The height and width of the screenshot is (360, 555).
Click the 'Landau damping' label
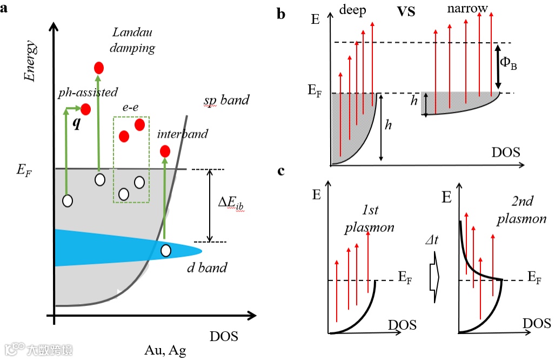click(132, 41)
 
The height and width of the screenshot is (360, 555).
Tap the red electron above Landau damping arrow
click(99, 68)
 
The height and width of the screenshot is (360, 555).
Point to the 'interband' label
click(183, 134)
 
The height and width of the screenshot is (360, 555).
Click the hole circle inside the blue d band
click(166, 251)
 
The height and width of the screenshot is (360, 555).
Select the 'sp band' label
click(226, 100)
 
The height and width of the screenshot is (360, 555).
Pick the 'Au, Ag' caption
click(165, 350)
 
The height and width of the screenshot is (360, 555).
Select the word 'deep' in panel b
click(354, 10)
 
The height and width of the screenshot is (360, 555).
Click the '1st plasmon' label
click(370, 218)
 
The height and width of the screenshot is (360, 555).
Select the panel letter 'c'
click(281, 171)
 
